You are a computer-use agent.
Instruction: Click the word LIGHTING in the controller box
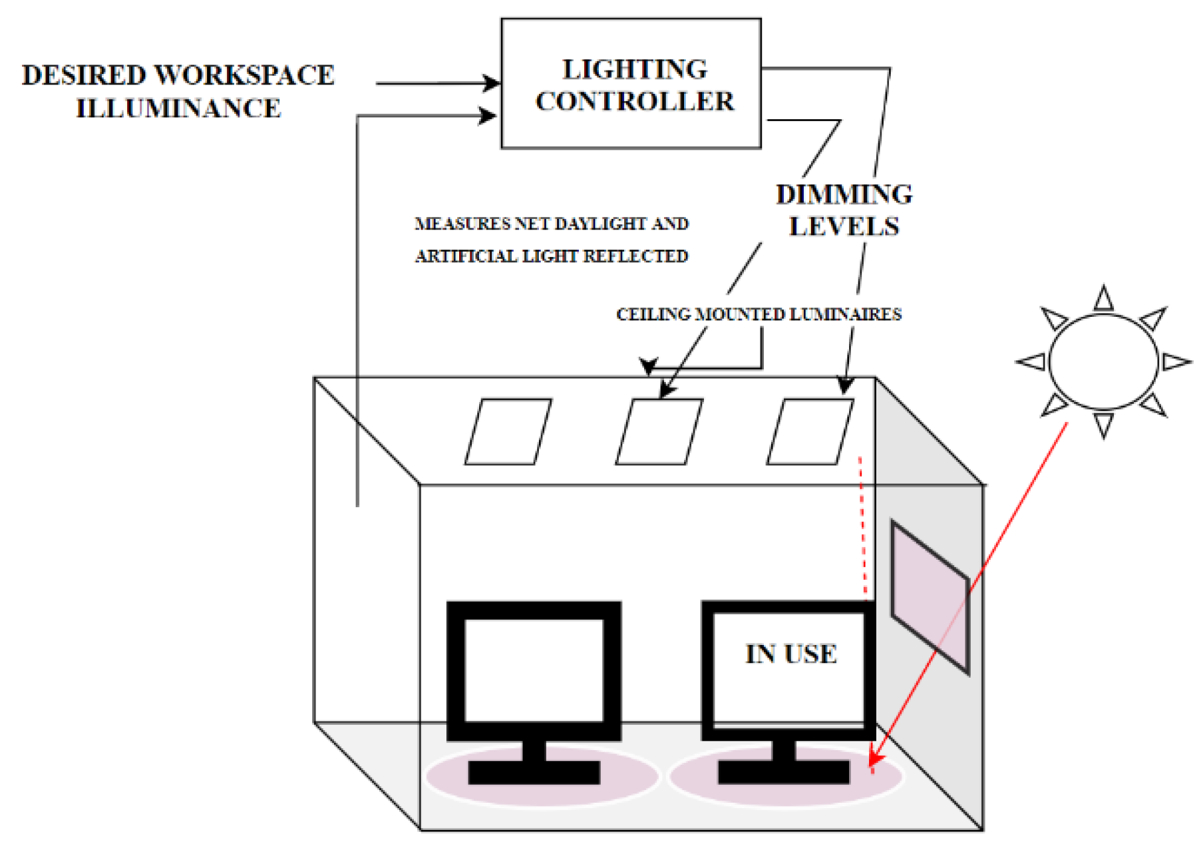point(634,70)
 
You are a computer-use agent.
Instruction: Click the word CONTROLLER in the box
point(634,102)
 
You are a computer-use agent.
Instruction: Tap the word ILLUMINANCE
point(178,108)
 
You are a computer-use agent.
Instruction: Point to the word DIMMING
point(844,194)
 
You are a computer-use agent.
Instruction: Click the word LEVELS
point(844,227)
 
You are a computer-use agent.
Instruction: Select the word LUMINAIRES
point(852,314)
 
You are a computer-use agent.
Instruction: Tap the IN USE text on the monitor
point(790,654)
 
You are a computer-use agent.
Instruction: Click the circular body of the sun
point(1103,362)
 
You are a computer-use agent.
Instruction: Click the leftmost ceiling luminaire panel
point(508,431)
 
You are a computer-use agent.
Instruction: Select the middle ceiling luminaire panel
point(659,431)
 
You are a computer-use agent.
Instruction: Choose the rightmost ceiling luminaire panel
point(810,431)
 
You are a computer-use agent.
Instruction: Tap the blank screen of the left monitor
point(534,670)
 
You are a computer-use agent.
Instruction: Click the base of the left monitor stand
point(534,772)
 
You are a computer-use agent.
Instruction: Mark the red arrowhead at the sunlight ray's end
point(876,759)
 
